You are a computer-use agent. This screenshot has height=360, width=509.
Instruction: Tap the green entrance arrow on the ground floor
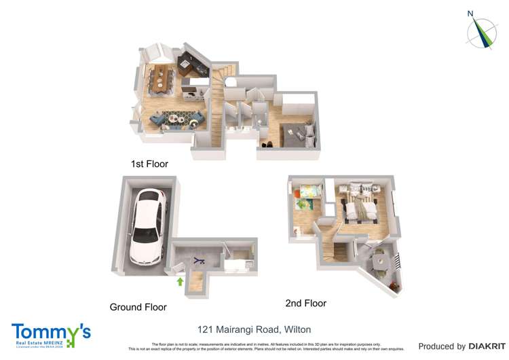(x=180, y=281)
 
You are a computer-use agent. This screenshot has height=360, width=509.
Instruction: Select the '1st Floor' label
(x=149, y=164)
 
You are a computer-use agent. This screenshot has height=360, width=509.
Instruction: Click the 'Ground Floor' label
(x=138, y=307)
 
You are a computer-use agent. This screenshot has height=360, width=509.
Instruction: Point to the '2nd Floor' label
(x=306, y=304)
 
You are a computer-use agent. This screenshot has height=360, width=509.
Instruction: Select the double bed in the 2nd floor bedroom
(x=360, y=209)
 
